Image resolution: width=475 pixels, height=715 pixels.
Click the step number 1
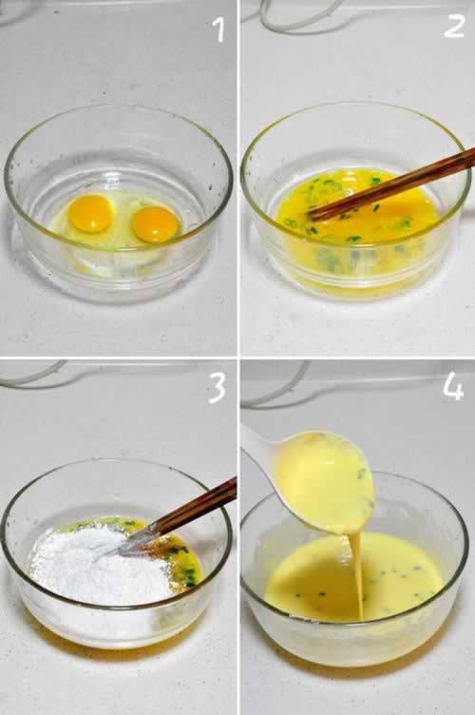(219, 30)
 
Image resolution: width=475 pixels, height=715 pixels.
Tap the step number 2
(453, 27)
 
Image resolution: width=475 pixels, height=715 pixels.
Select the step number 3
(217, 389)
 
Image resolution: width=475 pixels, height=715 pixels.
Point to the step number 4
(453, 388)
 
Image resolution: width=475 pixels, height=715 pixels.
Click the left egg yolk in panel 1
(91, 213)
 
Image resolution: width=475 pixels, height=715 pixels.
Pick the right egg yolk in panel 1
(156, 224)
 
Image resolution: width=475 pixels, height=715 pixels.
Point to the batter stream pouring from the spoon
(356, 575)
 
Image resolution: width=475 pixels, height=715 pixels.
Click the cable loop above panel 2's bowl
(296, 16)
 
